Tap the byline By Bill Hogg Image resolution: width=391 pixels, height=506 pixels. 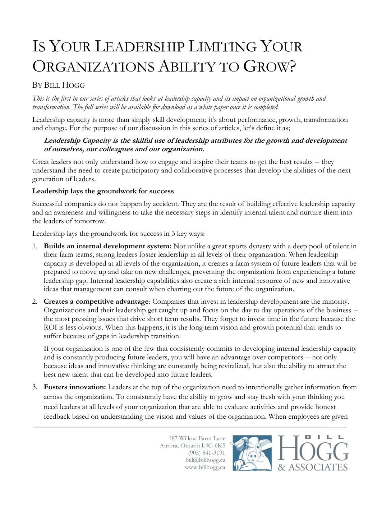(59, 85)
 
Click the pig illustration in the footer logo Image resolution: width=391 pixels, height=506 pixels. (252, 453)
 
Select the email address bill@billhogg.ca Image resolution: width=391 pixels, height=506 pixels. (205, 460)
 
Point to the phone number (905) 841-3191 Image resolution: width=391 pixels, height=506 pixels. (207, 453)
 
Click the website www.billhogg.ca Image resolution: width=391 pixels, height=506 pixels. (205, 467)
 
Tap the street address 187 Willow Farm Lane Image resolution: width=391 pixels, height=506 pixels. (197, 438)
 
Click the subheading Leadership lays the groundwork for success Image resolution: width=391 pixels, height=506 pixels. (103, 191)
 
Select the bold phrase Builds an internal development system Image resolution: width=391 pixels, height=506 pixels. (107, 246)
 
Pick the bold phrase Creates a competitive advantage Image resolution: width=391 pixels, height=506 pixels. (96, 302)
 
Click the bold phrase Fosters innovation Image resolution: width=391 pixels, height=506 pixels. (75, 387)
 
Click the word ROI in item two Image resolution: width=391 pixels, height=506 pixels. (50, 327)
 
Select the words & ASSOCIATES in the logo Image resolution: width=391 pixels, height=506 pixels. (313, 467)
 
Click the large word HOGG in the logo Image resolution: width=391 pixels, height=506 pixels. (313, 448)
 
